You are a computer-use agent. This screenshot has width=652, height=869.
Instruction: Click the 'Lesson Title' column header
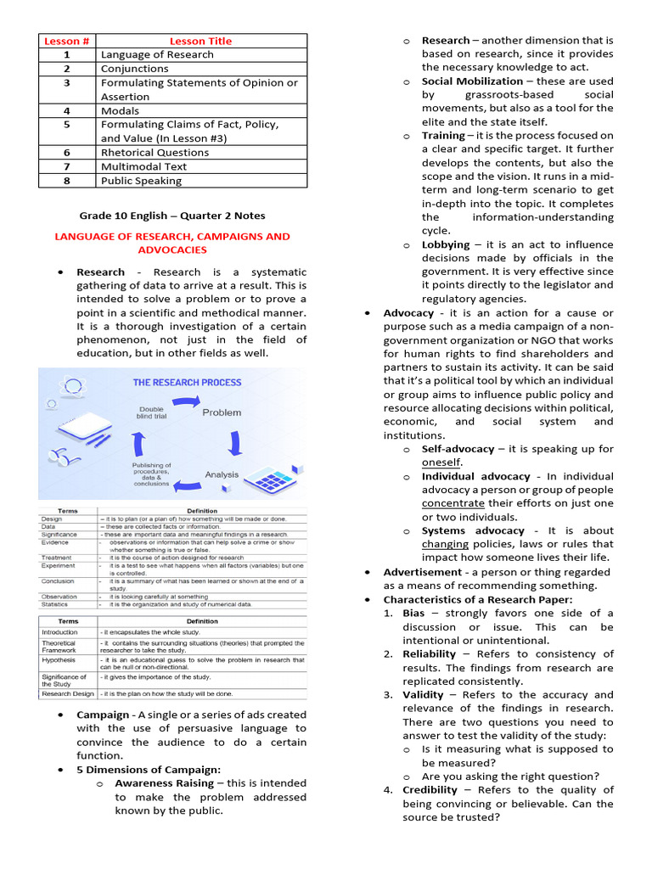point(200,41)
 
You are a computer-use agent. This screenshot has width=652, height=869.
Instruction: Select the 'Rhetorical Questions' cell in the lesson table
point(155,153)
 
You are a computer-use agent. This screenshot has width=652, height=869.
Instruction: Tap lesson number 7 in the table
point(66,166)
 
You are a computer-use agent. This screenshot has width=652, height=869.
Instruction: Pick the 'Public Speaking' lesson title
point(141,181)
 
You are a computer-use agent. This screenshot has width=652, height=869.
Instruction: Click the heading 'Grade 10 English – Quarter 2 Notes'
point(172,215)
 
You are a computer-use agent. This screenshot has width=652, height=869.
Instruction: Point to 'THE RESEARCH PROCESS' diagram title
point(187,383)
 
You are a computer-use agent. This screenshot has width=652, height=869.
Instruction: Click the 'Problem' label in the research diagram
point(221,412)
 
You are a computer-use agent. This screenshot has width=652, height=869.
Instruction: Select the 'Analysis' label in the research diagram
point(222,474)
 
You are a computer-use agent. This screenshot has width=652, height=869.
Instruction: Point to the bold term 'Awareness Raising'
point(164,783)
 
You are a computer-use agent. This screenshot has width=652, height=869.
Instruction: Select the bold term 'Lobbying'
point(446,244)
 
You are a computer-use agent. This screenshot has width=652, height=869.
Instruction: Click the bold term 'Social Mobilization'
point(472,81)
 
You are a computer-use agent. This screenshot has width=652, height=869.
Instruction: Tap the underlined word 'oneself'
point(441,463)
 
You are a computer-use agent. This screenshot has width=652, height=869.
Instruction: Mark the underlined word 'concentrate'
point(453,503)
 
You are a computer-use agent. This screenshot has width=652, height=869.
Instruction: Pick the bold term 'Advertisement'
point(423,572)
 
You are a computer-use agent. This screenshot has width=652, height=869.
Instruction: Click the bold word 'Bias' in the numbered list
point(413,613)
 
